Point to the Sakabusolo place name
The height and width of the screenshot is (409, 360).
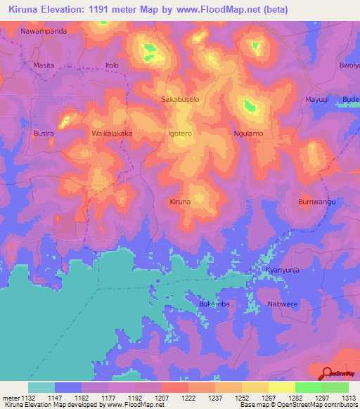181,100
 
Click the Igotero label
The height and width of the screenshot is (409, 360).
180,133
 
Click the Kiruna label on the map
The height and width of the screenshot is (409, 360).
180,202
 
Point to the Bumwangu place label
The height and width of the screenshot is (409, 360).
316,202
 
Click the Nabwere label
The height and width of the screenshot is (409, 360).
282,304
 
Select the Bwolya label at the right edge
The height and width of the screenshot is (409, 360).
349,65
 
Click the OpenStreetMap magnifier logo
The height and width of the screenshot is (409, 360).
328,373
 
